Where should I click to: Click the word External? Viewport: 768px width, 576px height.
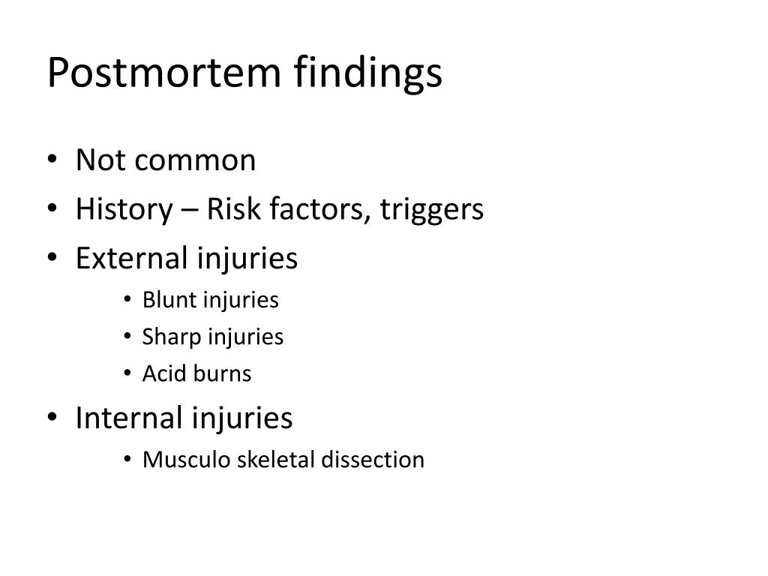point(132,259)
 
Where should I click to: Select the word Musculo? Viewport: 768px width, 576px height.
point(187,459)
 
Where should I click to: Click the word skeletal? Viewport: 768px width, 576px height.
point(277,459)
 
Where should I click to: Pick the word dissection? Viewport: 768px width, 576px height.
point(373,459)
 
